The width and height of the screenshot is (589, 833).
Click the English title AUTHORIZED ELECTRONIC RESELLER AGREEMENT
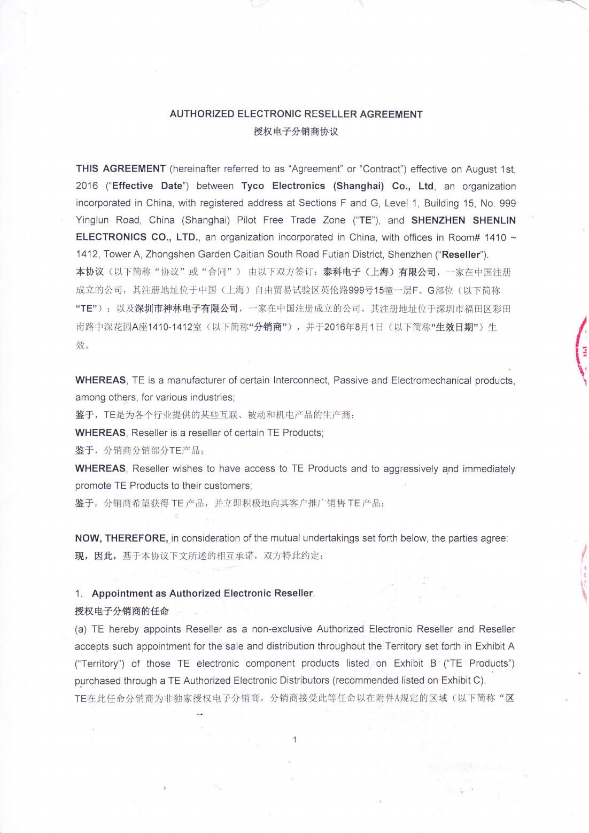pyautogui.click(x=296, y=114)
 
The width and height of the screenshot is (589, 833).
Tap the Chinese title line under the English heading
pyautogui.click(x=296, y=132)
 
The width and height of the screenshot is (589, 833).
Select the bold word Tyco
pyautogui.click(x=252, y=186)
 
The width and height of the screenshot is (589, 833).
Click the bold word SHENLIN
pyautogui.click(x=494, y=220)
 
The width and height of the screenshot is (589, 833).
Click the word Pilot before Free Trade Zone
pyautogui.click(x=246, y=220)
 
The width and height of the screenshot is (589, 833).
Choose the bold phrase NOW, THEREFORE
pyautogui.click(x=121, y=538)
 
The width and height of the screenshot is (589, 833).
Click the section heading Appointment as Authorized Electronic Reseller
pyautogui.click(x=203, y=593)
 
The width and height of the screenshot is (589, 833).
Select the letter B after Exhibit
pyautogui.click(x=433, y=664)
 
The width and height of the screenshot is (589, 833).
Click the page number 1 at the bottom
pyautogui.click(x=294, y=739)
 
